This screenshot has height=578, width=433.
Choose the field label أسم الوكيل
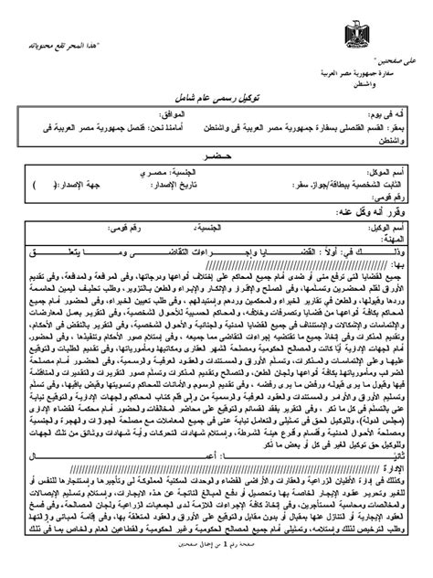click(393, 225)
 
